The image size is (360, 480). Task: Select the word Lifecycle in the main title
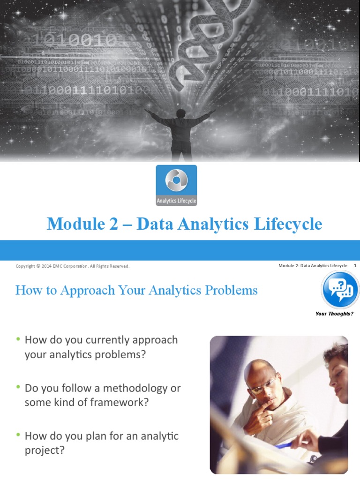click(288, 224)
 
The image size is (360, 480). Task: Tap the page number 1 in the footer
click(355, 266)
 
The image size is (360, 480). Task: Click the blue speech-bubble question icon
click(340, 290)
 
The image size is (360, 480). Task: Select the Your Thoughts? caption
click(334, 314)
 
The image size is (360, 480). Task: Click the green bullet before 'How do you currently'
click(18, 338)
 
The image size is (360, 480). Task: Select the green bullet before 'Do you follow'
click(18, 387)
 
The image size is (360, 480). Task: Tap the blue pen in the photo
click(285, 445)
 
